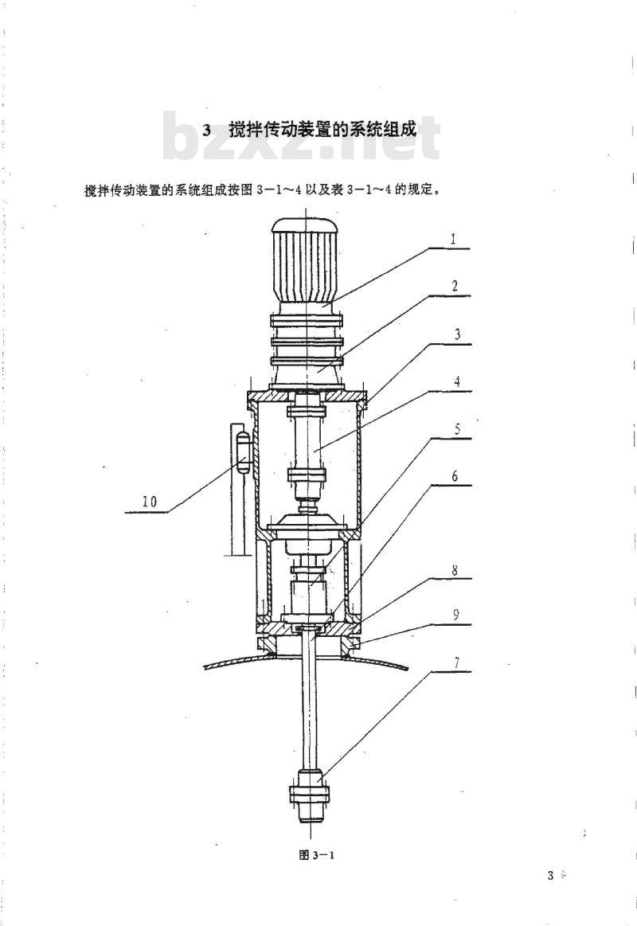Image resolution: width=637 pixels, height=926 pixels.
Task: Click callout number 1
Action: (x=453, y=239)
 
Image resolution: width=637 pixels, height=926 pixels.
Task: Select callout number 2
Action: (x=455, y=287)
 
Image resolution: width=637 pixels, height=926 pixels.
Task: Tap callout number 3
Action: (x=457, y=334)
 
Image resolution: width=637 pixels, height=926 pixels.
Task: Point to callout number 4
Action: (x=457, y=381)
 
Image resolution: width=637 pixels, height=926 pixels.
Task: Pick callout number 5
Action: (x=458, y=429)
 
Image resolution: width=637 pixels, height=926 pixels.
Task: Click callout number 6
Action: (x=455, y=476)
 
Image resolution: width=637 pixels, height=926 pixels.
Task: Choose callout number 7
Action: (x=455, y=662)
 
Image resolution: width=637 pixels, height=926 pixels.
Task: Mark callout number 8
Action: (x=455, y=570)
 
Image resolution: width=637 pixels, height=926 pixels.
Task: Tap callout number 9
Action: (x=455, y=615)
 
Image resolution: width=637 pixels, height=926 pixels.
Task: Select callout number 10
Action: (x=150, y=502)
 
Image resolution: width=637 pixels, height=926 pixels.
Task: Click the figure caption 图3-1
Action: (x=317, y=855)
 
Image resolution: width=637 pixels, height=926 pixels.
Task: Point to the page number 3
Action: (x=550, y=876)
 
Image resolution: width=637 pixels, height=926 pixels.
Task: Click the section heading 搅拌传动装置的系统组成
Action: (x=323, y=129)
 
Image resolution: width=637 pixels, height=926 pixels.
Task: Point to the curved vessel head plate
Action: (x=306, y=658)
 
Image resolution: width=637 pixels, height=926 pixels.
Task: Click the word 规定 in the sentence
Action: (x=421, y=190)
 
